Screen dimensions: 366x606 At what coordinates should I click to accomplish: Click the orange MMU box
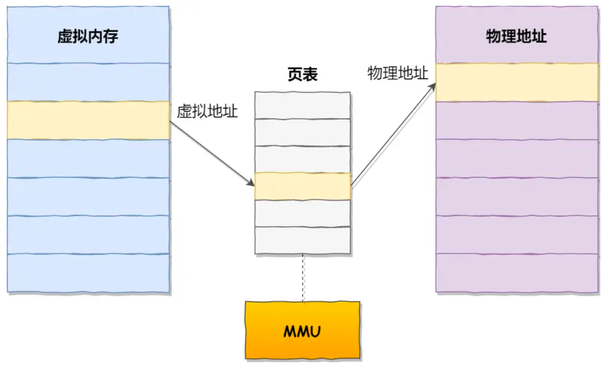303,330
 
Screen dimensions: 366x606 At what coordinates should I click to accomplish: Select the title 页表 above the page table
303,75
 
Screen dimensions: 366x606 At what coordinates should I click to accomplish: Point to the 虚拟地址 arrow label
207,112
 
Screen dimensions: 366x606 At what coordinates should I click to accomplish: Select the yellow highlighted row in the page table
303,186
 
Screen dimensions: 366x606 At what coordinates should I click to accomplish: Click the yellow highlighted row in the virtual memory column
88,120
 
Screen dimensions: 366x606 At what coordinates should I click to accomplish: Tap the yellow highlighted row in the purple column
517,82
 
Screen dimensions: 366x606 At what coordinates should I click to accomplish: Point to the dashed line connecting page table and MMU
303,277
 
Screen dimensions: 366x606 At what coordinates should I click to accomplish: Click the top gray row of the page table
303,105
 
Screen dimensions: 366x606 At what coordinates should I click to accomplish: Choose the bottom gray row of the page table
303,240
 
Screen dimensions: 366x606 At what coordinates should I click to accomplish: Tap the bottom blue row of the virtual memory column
88,273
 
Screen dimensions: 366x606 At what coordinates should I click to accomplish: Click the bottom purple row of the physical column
517,273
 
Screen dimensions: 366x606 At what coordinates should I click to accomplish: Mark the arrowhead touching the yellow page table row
250,183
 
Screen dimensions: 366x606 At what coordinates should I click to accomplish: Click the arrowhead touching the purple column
432,86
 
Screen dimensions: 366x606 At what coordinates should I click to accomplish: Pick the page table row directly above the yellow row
303,159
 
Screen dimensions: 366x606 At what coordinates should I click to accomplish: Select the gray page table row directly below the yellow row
303,213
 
